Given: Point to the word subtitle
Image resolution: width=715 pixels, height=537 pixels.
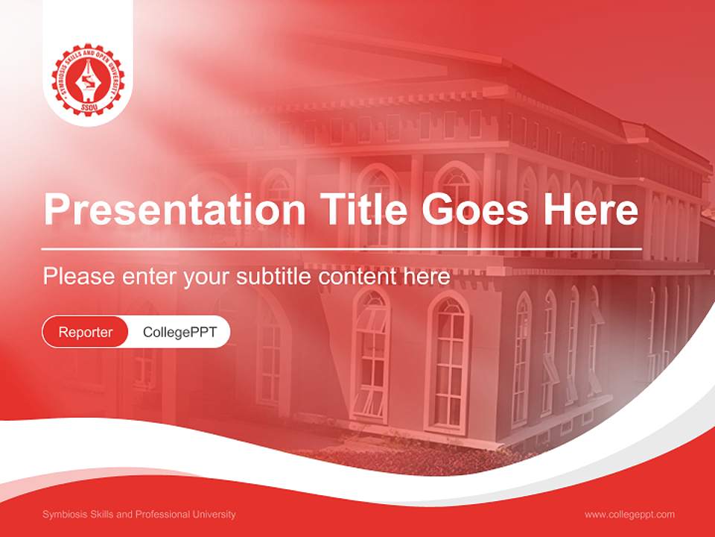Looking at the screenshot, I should coord(275,277).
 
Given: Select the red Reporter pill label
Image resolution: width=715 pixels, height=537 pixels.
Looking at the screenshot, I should coord(86,332).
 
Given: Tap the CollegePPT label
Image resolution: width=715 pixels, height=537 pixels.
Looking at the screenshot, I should coord(179,332).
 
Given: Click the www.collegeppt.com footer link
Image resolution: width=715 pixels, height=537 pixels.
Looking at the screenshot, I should coord(629,515).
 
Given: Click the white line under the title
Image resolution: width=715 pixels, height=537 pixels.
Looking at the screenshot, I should coord(342,248).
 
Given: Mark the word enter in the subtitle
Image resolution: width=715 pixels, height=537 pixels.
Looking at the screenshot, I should coord(149,277).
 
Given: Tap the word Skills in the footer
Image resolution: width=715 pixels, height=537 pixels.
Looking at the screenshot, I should coord(104,515).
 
